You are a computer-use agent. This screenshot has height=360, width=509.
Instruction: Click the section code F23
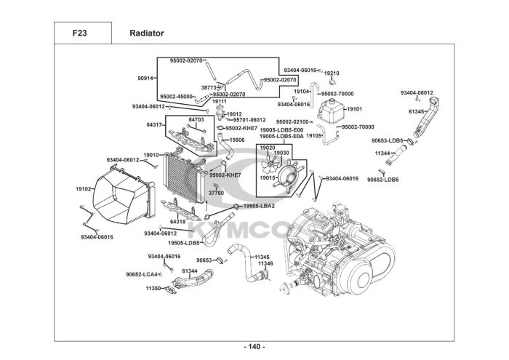coord(79,33)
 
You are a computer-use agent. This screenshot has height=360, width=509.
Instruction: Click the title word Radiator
coord(147,33)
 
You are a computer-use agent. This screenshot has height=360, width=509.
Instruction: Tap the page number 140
coord(254,347)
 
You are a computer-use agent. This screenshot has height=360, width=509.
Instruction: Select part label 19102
coord(84,189)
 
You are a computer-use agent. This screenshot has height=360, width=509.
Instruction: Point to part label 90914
coord(145,78)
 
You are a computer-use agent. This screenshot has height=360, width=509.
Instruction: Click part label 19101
coord(355,109)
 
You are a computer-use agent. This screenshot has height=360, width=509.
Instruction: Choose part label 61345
coord(416,112)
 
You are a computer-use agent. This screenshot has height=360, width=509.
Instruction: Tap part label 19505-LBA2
coord(259,206)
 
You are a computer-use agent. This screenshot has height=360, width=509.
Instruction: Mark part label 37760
coord(216,193)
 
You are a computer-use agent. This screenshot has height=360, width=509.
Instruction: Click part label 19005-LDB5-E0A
coord(281,136)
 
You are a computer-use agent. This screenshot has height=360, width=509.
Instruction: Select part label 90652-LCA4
coord(142,274)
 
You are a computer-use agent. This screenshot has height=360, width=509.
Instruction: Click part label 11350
coord(153,288)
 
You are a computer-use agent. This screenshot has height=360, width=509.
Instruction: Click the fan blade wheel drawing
coord(269,164)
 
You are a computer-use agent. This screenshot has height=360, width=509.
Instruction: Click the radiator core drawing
coord(185,175)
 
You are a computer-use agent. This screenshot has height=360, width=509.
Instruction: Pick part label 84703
coord(196,119)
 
